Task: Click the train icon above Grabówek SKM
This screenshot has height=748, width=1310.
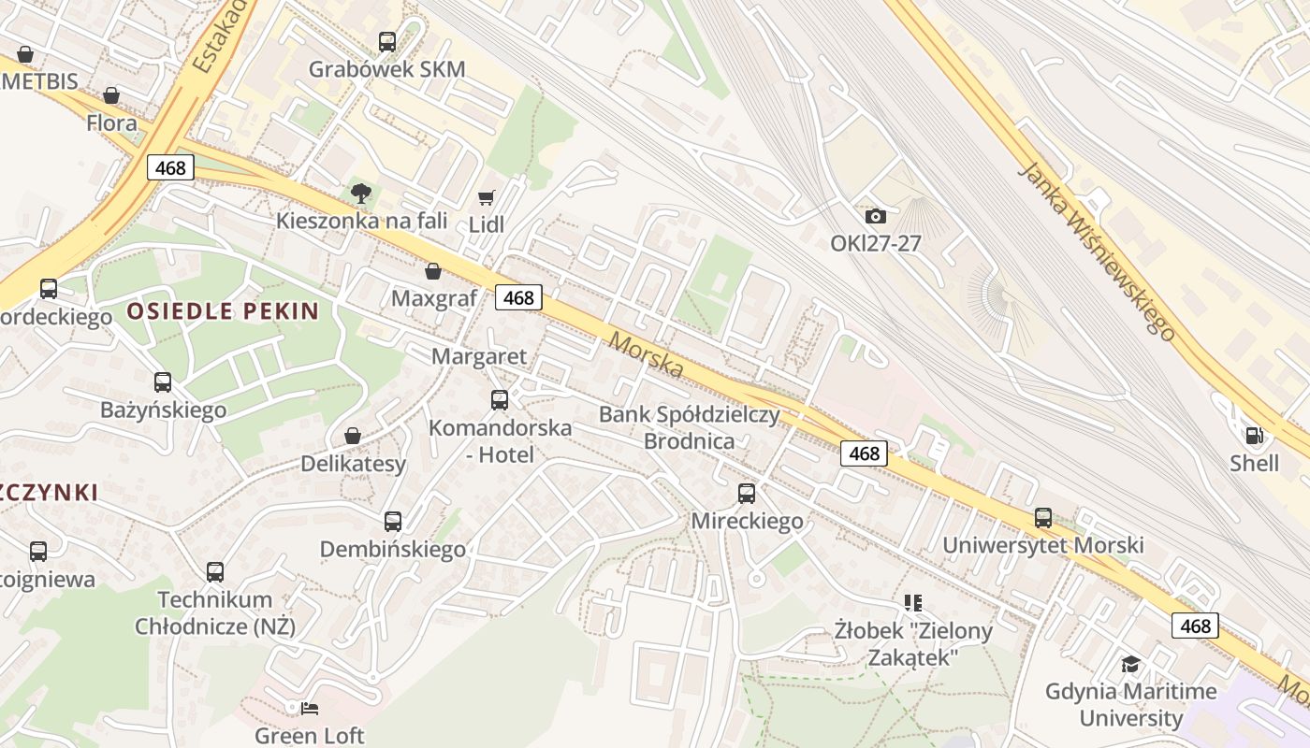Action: click(x=387, y=41)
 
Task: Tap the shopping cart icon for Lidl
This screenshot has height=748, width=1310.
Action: click(x=486, y=197)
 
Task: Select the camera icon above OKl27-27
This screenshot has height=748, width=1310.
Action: click(x=876, y=216)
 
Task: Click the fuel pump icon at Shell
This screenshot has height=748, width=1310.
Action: click(x=1254, y=435)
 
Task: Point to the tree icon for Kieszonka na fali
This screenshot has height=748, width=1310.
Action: click(x=360, y=194)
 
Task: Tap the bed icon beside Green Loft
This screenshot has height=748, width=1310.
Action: click(x=310, y=708)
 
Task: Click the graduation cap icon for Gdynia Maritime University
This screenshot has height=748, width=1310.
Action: click(x=1131, y=664)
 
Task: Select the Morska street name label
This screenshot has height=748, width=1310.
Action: click(x=646, y=355)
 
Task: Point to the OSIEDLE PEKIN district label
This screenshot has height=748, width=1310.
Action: click(x=223, y=311)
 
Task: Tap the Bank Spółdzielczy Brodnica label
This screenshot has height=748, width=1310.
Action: click(x=690, y=427)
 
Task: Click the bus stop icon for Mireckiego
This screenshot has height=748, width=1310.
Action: click(x=747, y=493)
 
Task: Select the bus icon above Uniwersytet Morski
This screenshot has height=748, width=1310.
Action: click(x=1043, y=517)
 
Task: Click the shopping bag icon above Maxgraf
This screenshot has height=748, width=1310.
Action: click(x=433, y=271)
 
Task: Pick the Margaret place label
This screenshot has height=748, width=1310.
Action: click(x=479, y=356)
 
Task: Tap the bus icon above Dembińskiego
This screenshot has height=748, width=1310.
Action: click(x=393, y=521)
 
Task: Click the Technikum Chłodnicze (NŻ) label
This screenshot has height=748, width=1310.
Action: click(x=215, y=612)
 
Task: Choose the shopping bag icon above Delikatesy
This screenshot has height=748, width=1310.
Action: click(x=353, y=436)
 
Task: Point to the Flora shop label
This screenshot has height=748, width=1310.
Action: click(x=111, y=122)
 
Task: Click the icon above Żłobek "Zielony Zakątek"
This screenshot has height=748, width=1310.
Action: click(x=913, y=603)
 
